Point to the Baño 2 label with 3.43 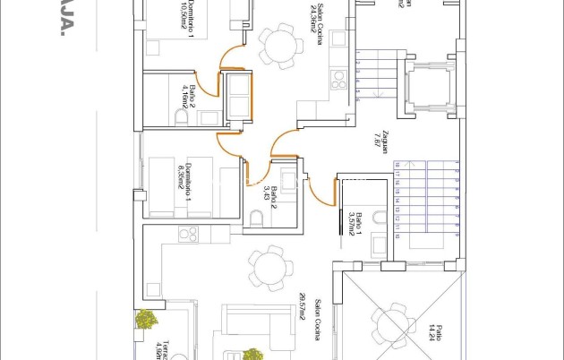(266, 192)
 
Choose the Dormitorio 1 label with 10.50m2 (186, 18)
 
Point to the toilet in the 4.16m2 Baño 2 (182, 117)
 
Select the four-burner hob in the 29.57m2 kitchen (188, 236)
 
